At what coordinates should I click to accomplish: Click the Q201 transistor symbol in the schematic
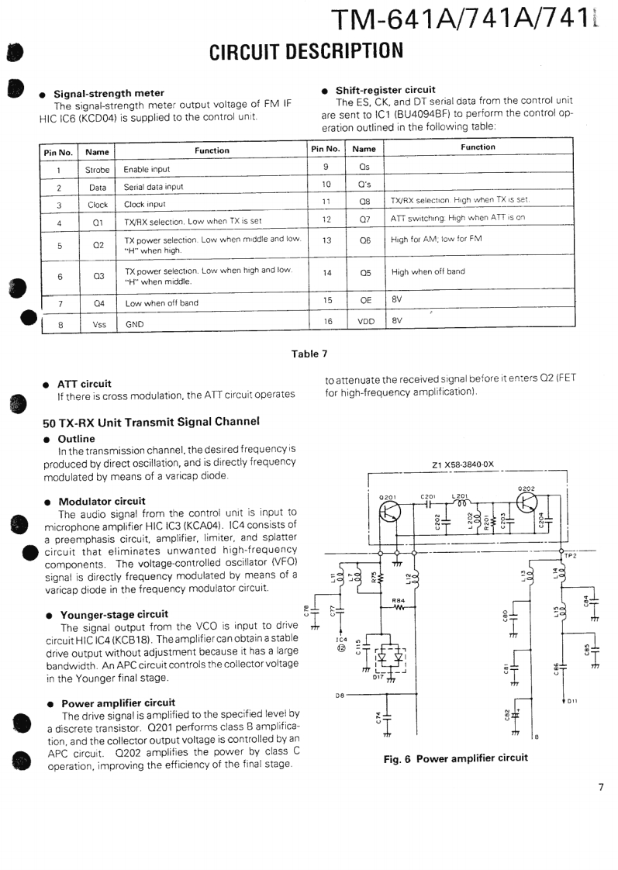click(x=388, y=513)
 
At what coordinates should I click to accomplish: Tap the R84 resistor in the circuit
click(x=399, y=607)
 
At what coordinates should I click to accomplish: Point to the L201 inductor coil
click(x=461, y=503)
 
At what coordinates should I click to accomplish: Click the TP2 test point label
click(x=570, y=554)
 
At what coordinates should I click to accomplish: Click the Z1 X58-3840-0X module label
click(x=462, y=465)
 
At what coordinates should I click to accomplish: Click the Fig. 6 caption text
click(x=456, y=758)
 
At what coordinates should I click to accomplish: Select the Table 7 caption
click(x=309, y=354)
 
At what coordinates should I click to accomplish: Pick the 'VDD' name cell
click(x=365, y=320)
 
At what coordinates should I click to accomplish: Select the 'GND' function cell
click(x=134, y=326)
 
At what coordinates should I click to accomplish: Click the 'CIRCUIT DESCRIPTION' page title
click(x=307, y=51)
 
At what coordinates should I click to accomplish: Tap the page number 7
click(x=600, y=788)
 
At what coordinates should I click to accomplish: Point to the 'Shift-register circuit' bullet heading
click(x=385, y=89)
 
